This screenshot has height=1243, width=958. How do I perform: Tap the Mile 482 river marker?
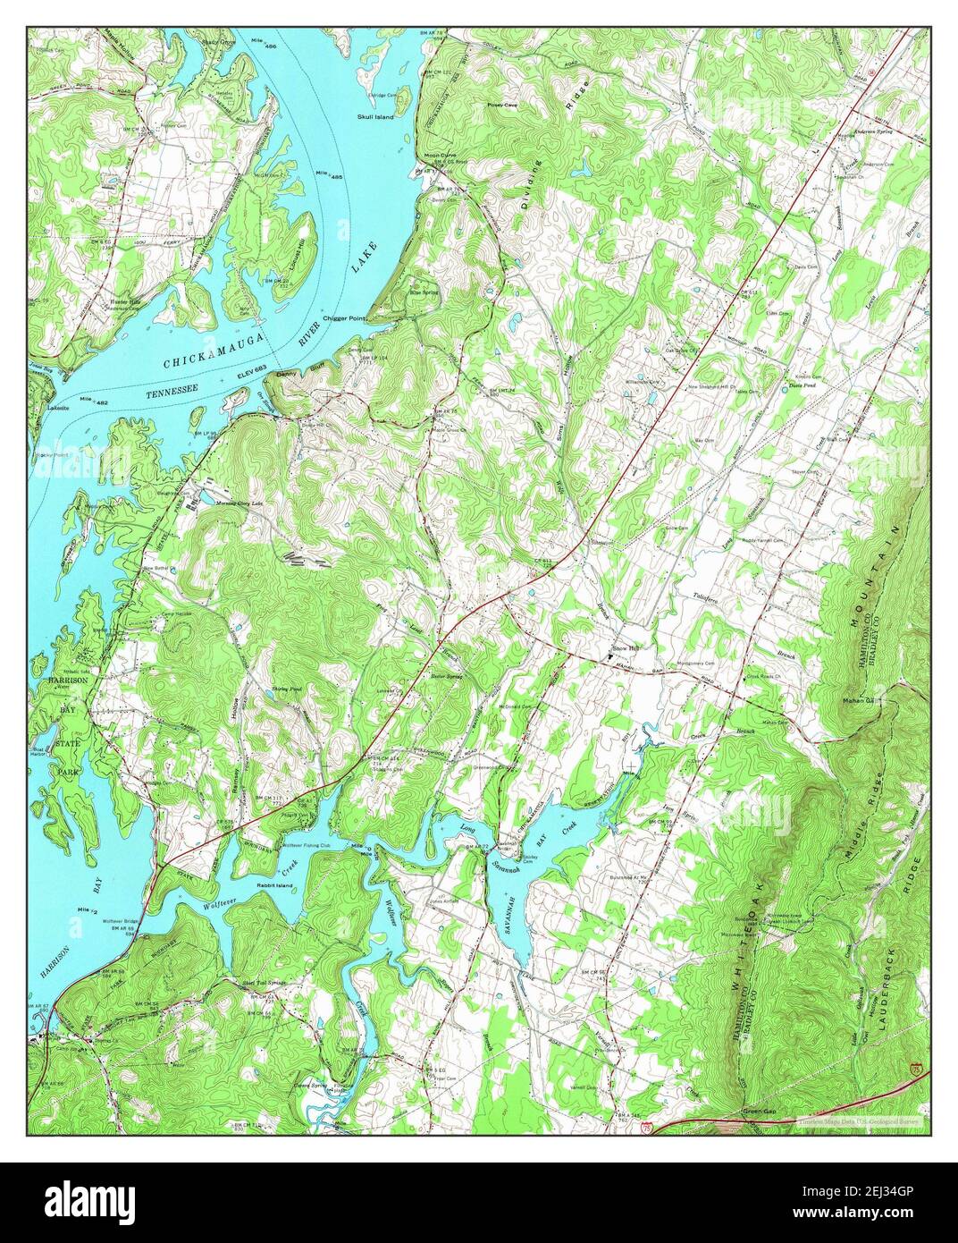pyautogui.click(x=94, y=400)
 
